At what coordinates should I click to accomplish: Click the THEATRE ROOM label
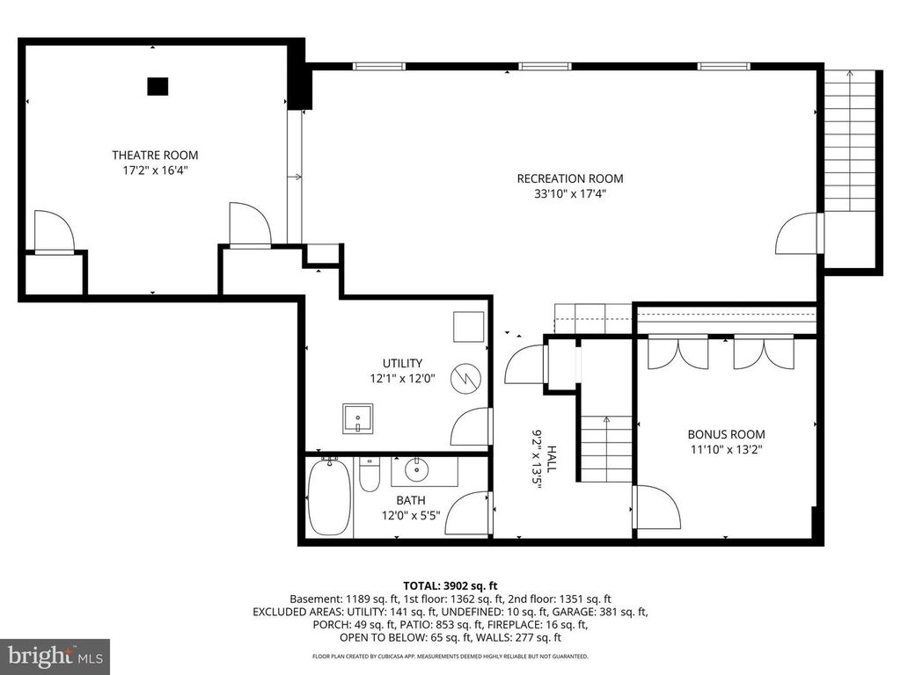[155, 156]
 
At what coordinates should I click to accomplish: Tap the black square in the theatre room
[157, 86]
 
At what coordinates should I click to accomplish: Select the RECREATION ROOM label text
[570, 179]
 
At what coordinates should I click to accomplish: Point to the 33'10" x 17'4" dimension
[570, 195]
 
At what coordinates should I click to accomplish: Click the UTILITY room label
[402, 363]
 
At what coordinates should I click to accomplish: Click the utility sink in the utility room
[358, 418]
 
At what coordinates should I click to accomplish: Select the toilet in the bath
[370, 475]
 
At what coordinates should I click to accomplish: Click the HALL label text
[552, 460]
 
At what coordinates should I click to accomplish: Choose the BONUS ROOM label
[726, 434]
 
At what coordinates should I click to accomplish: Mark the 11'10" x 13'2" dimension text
[726, 450]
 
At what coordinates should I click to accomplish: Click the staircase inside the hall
[605, 448]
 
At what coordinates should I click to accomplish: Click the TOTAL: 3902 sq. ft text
[450, 585]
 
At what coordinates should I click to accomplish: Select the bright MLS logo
[55, 656]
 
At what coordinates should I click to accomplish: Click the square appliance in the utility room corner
[467, 327]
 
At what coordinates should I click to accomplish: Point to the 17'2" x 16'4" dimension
[155, 171]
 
